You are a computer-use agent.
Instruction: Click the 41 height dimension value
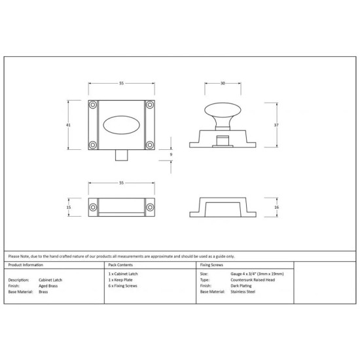click(68, 125)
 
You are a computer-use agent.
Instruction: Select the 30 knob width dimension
click(223, 83)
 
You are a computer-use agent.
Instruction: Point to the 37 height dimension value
click(276, 125)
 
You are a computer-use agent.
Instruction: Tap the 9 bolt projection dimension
click(171, 154)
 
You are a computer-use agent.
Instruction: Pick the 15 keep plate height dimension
click(69, 207)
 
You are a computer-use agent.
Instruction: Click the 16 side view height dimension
click(277, 207)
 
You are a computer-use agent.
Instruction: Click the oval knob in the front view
click(122, 125)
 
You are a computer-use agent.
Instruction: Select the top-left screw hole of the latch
click(93, 105)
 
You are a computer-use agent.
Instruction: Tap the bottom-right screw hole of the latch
click(150, 145)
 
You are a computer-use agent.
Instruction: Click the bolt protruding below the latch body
click(122, 155)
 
